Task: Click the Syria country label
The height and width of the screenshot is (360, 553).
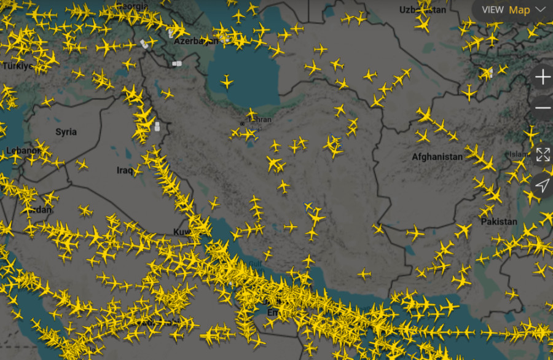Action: point(66,132)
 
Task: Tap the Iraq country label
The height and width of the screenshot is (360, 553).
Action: point(125,170)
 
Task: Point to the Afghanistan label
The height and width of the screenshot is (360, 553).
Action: point(437,157)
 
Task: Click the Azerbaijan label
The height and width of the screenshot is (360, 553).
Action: point(196,41)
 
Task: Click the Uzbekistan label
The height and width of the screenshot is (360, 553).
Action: point(422,10)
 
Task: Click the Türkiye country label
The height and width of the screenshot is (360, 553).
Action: point(17,66)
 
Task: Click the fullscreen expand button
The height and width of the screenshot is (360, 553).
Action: point(543,154)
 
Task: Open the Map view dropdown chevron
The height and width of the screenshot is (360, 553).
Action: point(541,10)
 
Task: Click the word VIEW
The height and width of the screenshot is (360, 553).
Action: point(492,10)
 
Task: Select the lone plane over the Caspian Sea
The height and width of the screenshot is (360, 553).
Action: point(227,80)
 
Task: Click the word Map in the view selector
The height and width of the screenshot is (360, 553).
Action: point(519,10)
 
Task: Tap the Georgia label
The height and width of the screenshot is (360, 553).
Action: point(135,6)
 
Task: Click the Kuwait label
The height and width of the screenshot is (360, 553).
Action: point(181,232)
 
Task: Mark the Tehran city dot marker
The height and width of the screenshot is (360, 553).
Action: point(242,123)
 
